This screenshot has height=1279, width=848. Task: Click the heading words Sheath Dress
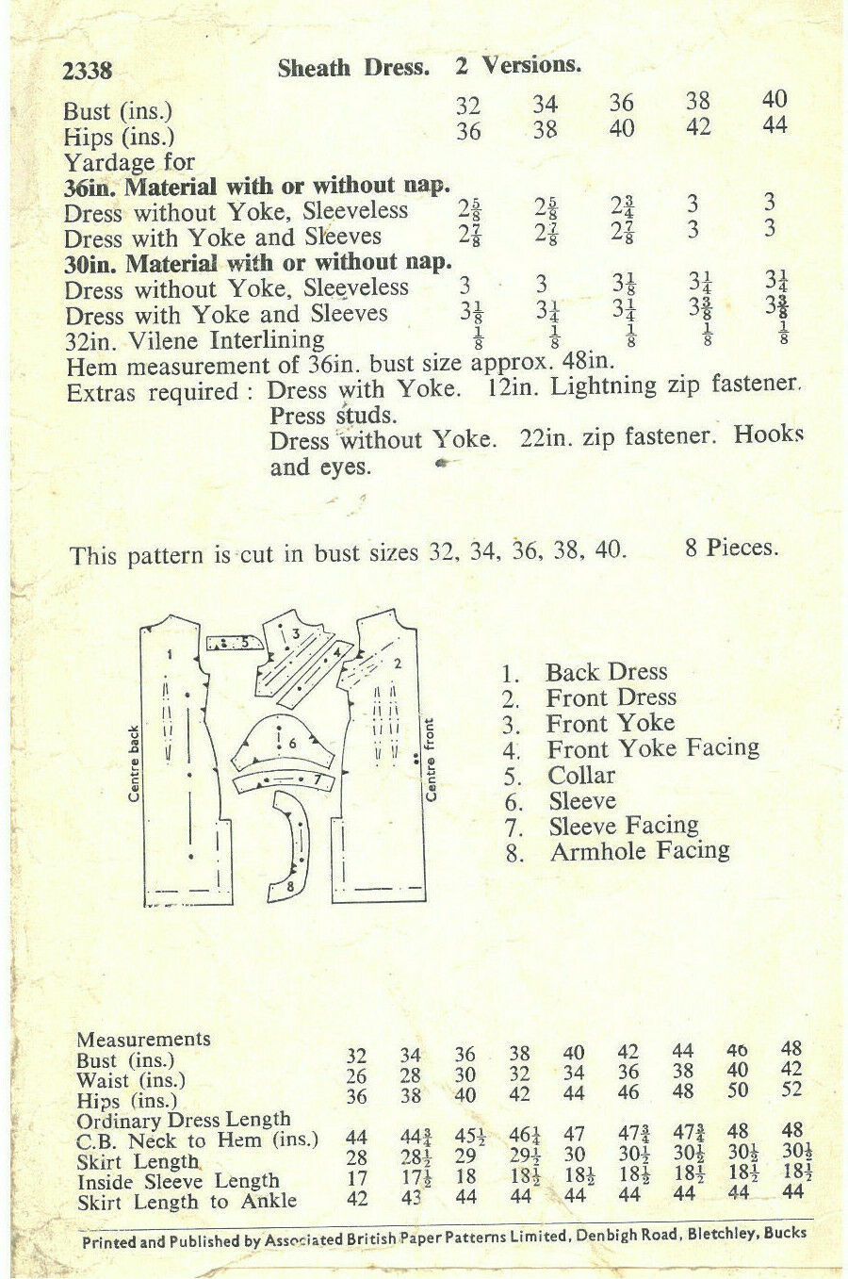pyautogui.click(x=353, y=68)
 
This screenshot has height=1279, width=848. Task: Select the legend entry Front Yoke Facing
pyautogui.click(x=653, y=748)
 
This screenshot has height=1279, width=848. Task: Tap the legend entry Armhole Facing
pyautogui.click(x=640, y=851)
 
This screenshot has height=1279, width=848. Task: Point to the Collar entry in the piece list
pyautogui.click(x=581, y=775)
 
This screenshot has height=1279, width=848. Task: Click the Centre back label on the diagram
pyautogui.click(x=134, y=762)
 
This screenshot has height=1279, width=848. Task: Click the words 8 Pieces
pyautogui.click(x=731, y=548)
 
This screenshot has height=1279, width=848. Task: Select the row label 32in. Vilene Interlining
pyautogui.click(x=194, y=339)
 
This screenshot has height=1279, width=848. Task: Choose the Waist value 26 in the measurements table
pyautogui.click(x=357, y=1075)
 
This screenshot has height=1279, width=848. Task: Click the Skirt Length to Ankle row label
pyautogui.click(x=187, y=1202)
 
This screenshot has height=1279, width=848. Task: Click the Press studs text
pyautogui.click(x=333, y=415)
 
